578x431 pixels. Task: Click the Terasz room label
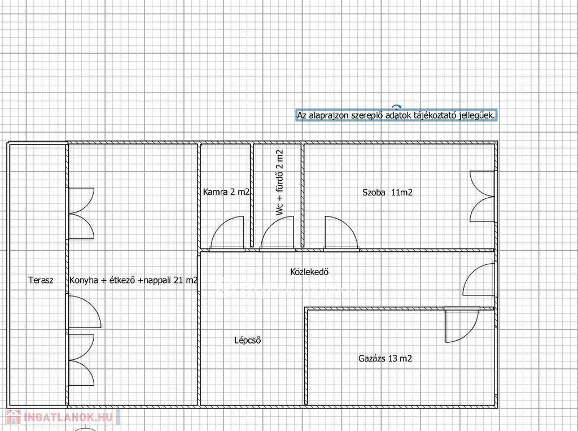(x=41, y=280)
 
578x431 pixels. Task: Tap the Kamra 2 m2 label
(x=226, y=192)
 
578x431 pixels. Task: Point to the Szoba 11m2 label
(x=387, y=192)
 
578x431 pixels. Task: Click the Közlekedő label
(x=309, y=272)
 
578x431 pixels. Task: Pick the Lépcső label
(x=248, y=340)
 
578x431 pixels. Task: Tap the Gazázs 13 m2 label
(x=385, y=358)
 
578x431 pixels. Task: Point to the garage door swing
(x=462, y=325)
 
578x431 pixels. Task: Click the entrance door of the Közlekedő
(x=479, y=278)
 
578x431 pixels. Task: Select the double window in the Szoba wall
(x=482, y=197)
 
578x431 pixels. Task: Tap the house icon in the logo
(x=14, y=417)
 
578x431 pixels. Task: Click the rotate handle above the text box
(x=396, y=107)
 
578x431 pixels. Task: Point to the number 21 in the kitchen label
(x=179, y=280)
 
